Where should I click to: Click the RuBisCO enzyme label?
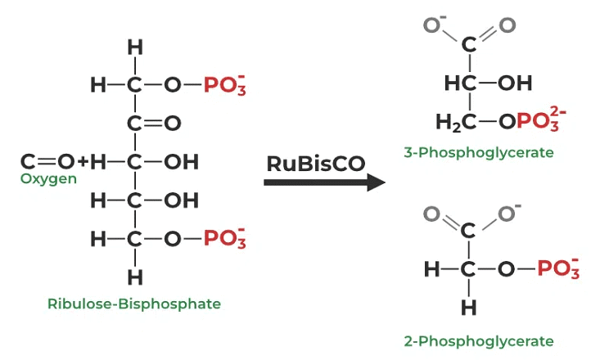tap(315, 163)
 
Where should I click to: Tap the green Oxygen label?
tap(48, 178)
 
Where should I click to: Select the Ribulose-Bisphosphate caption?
tap(134, 304)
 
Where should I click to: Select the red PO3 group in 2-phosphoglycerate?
tap(558, 268)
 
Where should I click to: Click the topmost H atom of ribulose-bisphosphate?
tap(135, 48)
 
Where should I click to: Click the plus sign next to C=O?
tap(82, 161)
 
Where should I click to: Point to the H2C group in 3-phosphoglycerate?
tap(454, 123)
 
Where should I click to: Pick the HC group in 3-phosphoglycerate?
tap(460, 83)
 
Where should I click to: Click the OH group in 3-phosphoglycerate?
tap(513, 83)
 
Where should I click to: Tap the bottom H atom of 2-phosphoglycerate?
tap(468, 308)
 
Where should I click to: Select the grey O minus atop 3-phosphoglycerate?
tap(430, 24)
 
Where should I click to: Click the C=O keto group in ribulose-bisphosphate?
tap(151, 123)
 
